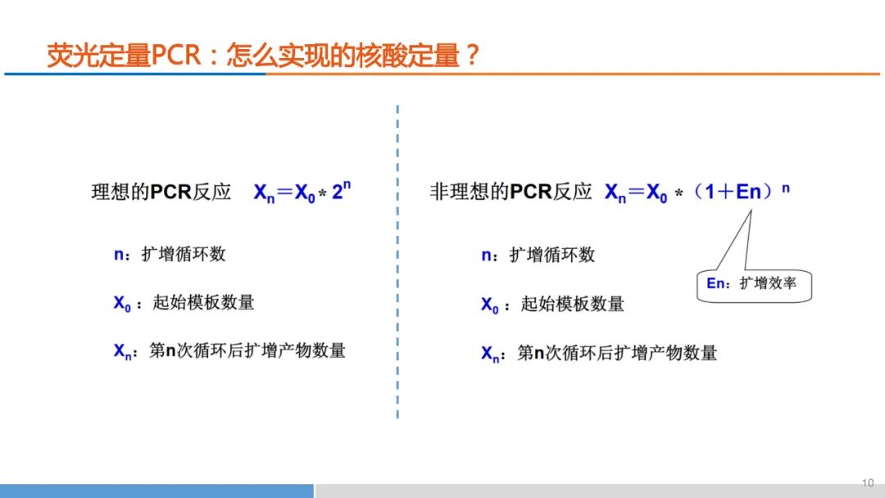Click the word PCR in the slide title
pyautogui.click(x=176, y=55)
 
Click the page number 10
pyautogui.click(x=868, y=483)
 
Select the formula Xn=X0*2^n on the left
pyautogui.click(x=302, y=192)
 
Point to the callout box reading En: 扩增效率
pyautogui.click(x=754, y=286)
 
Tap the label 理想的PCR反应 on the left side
pyautogui.click(x=161, y=192)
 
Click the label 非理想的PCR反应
pyautogui.click(x=511, y=192)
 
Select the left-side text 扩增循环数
pyautogui.click(x=184, y=255)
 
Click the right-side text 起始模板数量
pyautogui.click(x=572, y=305)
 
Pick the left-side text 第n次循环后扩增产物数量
pyautogui.click(x=247, y=351)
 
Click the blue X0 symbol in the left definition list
pyautogui.click(x=122, y=303)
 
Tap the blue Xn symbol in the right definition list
pyautogui.click(x=490, y=354)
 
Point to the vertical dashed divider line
pyautogui.click(x=398, y=261)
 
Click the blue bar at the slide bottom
pyautogui.click(x=157, y=491)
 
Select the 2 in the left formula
pyautogui.click(x=337, y=192)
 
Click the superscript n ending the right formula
pyautogui.click(x=786, y=188)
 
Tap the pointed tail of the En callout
pyautogui.click(x=751, y=211)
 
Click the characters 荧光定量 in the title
pyautogui.click(x=98, y=55)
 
